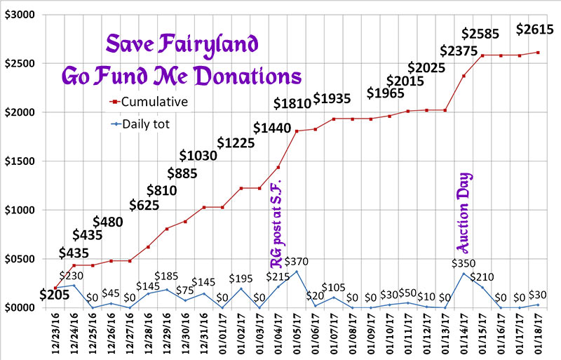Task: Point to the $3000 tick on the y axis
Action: coord(23,14)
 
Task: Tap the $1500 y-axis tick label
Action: coord(23,161)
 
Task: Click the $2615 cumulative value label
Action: coord(535,29)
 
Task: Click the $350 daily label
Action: coord(462,264)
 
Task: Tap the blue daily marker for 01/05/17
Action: coord(297,272)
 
